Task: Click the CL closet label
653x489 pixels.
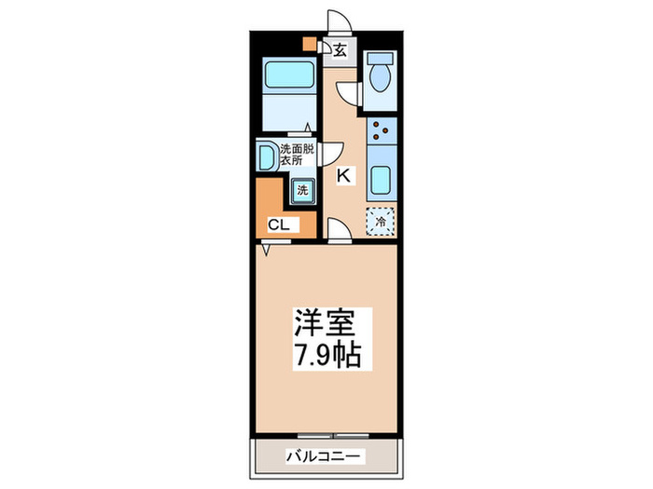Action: pos(279,224)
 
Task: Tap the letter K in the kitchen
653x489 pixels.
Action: pos(343,175)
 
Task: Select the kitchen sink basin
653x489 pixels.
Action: pos(381,177)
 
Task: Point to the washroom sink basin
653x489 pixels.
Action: pos(266,155)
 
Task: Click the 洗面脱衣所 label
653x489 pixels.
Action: pos(298,153)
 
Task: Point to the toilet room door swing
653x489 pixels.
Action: pos(350,91)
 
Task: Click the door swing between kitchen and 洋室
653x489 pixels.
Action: pos(339,229)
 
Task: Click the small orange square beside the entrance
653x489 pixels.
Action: pos(310,42)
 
